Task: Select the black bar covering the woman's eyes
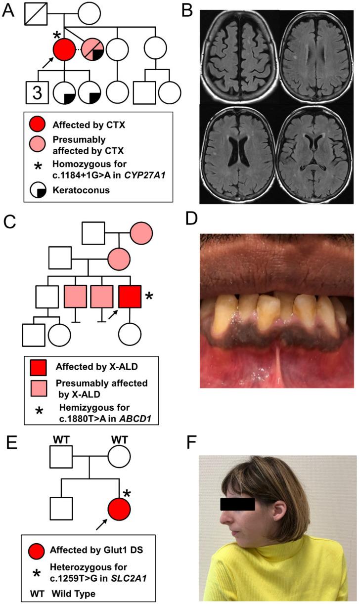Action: click(x=237, y=504)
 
